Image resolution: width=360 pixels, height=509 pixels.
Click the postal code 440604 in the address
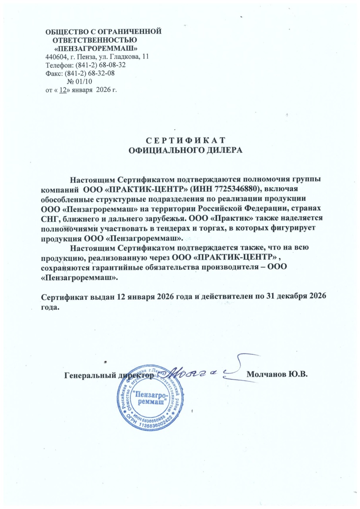pyautogui.click(x=56, y=57)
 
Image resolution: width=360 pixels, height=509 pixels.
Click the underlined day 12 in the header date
pyautogui.click(x=63, y=90)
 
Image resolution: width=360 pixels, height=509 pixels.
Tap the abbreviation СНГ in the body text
pyautogui.click(x=51, y=219)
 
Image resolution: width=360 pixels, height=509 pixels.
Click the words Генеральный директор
pyautogui.click(x=109, y=375)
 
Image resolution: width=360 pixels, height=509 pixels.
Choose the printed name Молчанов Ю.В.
pyautogui.click(x=278, y=375)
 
